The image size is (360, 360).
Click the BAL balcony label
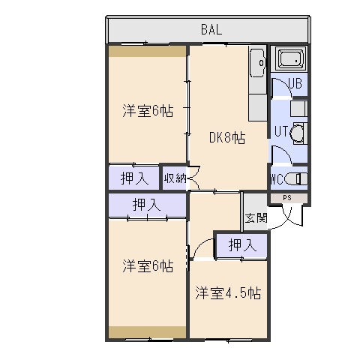pos(211,30)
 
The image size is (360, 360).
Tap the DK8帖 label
pos(227,138)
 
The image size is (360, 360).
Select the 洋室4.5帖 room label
pos(228,293)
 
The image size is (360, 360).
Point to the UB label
pos(295,83)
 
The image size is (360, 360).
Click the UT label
pos(281,131)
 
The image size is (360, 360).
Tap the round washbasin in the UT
pos(297,133)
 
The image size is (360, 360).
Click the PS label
pos(287,198)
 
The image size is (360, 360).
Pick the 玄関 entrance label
pos(256,218)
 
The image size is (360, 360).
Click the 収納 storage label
pos(175,178)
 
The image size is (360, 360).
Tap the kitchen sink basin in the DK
pos(257,63)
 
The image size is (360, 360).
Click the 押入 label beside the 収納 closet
pos(134,178)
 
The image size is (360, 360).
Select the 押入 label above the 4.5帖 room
pos(242,245)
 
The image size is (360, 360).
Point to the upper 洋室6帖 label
pos(148,111)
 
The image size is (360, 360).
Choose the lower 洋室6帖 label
pos(148,266)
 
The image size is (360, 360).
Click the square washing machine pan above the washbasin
pos(298,109)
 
